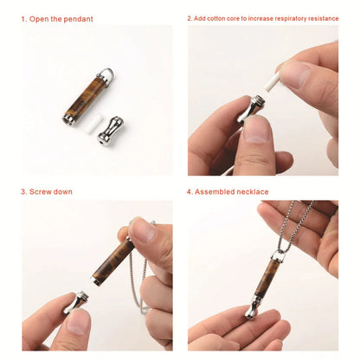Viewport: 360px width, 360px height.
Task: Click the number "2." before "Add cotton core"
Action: tap(190, 18)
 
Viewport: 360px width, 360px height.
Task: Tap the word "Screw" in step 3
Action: tap(44, 191)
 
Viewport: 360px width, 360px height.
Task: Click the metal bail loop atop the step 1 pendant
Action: tap(106, 74)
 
